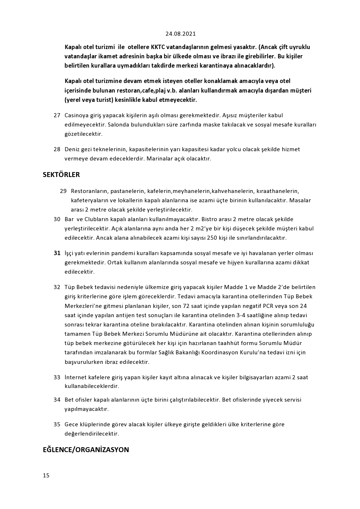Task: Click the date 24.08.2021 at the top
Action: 181,34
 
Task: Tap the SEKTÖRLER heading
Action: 61,175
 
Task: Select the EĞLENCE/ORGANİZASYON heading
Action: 86,450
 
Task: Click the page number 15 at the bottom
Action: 46,475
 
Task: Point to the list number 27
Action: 57,115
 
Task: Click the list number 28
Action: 57,149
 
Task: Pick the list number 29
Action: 63,191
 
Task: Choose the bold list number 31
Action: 57,253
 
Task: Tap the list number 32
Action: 57,287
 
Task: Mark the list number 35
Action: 57,424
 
